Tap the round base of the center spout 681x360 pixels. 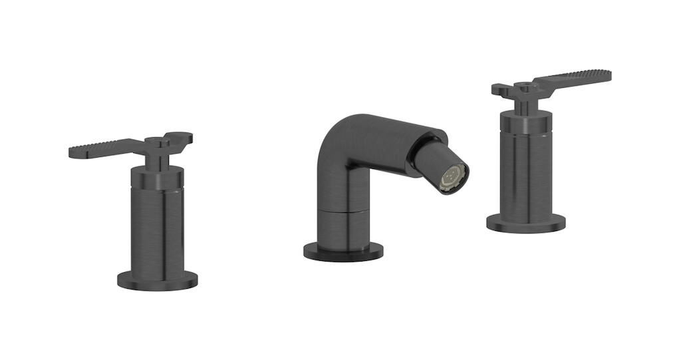point(343,252)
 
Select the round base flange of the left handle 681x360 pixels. point(158,280)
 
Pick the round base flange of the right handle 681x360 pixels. point(525,223)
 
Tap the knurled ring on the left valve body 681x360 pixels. point(157,178)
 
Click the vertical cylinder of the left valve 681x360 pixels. point(157,233)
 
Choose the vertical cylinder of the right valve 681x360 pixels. point(526,173)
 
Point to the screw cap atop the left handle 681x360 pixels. point(156,140)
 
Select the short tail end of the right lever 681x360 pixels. point(501,89)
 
